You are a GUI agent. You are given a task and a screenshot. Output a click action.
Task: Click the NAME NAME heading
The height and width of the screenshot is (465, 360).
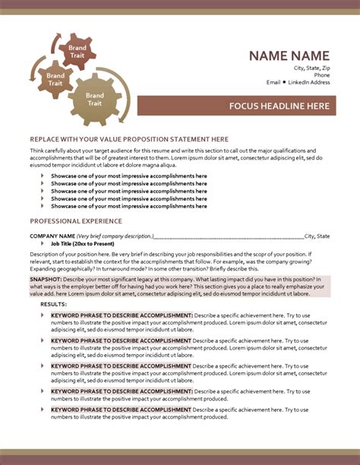point(289,55)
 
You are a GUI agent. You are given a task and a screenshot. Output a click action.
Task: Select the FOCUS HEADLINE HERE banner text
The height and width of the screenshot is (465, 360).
point(279,106)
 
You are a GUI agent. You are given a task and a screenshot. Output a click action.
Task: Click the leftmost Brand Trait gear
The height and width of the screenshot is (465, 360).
point(55,78)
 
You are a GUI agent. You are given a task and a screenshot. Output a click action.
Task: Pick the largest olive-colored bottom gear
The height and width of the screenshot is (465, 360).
point(94,100)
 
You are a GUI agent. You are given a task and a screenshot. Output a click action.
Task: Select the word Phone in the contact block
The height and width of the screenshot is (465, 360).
point(322,75)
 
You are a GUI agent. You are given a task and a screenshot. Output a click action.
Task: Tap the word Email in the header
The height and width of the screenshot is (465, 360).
point(273,82)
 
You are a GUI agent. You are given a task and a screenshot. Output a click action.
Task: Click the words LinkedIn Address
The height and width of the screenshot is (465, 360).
point(308,82)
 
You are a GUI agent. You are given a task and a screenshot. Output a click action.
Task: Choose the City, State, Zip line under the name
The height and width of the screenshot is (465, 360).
point(312,68)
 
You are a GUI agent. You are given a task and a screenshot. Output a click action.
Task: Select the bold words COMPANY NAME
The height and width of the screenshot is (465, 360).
point(52,236)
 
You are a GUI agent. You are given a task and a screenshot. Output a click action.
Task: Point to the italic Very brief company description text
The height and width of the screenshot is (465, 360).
point(114,236)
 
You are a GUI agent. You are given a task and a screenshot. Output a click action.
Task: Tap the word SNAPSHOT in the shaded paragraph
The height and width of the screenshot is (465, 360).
point(46,280)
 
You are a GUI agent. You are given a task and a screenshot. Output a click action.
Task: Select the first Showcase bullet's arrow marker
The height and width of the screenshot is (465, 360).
point(42,176)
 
